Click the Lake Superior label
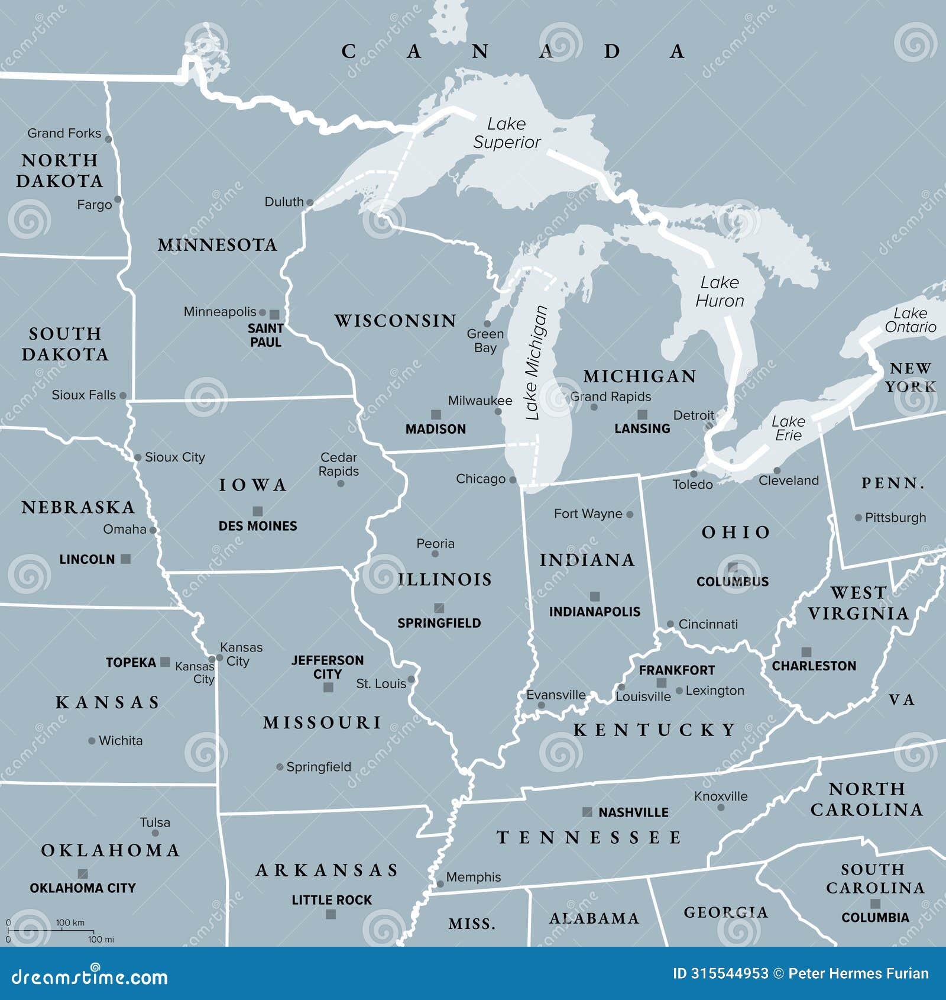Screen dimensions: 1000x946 pyautogui.click(x=507, y=133)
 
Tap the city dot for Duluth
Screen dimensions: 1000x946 pyautogui.click(x=309, y=202)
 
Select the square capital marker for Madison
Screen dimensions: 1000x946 pyautogui.click(x=436, y=415)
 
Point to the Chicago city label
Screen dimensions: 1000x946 pyautogui.click(x=480, y=479)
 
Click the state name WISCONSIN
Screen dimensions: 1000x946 pyautogui.click(x=396, y=321)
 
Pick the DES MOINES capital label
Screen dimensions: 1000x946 pyautogui.click(x=258, y=525)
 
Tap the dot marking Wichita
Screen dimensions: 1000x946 pyautogui.click(x=92, y=741)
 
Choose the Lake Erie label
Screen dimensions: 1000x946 pyautogui.click(x=788, y=428)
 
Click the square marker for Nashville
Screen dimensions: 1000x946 pyautogui.click(x=587, y=812)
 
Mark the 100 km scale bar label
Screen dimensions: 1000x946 pyautogui.click(x=70, y=922)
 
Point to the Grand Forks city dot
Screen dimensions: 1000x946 pyautogui.click(x=108, y=140)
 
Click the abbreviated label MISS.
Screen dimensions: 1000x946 pyautogui.click(x=472, y=924)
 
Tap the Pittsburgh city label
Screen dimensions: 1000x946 pyautogui.click(x=895, y=517)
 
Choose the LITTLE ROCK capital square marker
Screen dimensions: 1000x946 pyautogui.click(x=331, y=914)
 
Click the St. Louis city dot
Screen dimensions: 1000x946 pyautogui.click(x=411, y=679)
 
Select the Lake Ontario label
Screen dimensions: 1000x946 pyautogui.click(x=910, y=320)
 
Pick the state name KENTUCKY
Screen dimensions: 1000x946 pyautogui.click(x=655, y=730)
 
